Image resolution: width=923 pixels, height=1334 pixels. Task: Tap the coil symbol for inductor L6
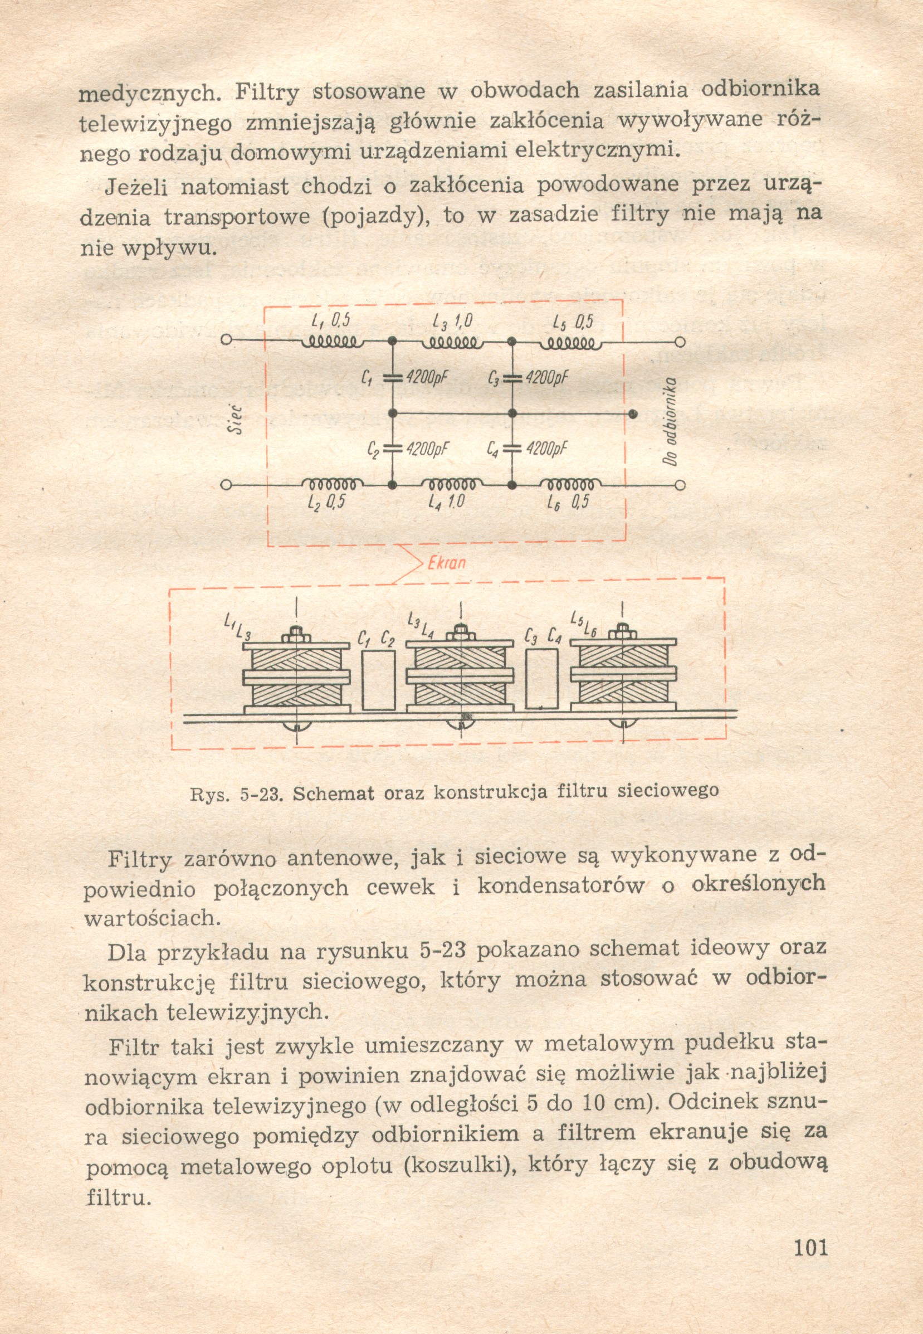click(x=570, y=484)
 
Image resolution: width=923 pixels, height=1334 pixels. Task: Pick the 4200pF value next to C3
click(x=547, y=378)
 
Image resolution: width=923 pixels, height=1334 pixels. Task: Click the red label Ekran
click(x=446, y=563)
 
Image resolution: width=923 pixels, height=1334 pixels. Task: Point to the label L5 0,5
click(x=573, y=322)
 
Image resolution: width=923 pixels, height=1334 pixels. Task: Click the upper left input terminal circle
click(x=227, y=339)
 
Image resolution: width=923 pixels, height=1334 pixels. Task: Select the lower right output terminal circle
click(x=681, y=485)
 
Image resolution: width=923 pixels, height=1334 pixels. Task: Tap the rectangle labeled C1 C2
click(x=378, y=679)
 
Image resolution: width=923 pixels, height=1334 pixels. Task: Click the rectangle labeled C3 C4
click(x=542, y=679)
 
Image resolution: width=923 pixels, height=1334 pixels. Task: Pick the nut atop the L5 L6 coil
click(x=622, y=631)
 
